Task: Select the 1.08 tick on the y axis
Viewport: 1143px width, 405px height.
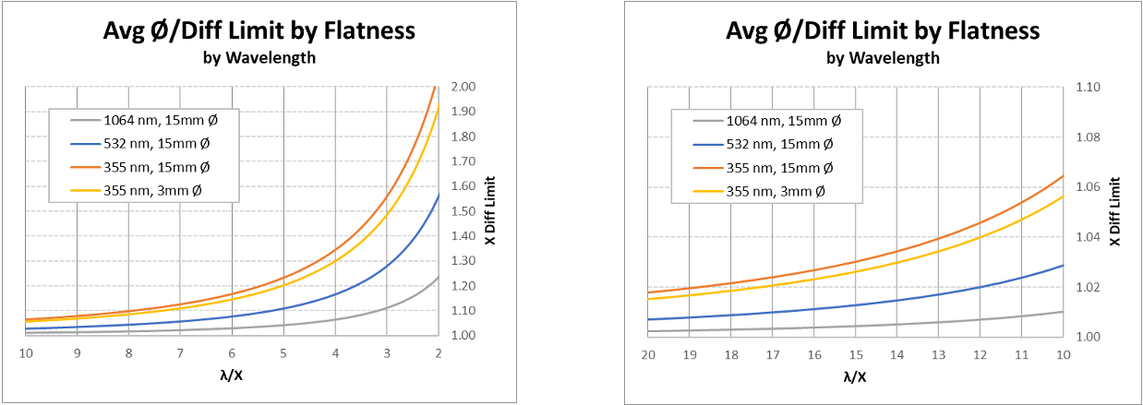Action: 1090,137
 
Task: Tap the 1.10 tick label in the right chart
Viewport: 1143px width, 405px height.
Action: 1090,87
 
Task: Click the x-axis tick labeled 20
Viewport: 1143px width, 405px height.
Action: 648,354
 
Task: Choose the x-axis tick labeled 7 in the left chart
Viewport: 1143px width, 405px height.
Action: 181,352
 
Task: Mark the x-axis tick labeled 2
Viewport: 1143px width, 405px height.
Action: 439,352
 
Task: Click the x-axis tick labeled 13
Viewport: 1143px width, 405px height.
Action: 939,354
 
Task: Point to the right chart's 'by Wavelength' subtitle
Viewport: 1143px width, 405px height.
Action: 883,58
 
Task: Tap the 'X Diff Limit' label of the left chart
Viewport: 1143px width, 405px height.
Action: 490,210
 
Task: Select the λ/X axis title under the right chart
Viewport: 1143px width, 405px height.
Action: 855,376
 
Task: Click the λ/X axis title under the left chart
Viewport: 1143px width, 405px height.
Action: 232,375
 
